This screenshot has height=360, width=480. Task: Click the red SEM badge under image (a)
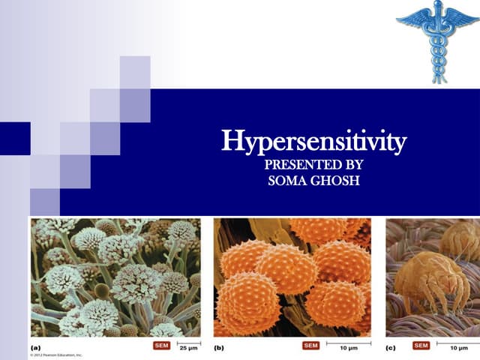tap(161, 346)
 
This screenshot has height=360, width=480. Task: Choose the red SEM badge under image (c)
tap(420, 346)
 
